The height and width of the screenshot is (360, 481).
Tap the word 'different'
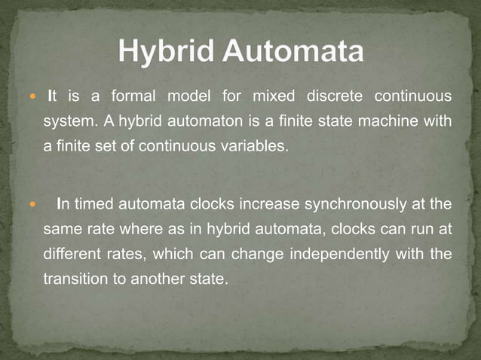(72, 254)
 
